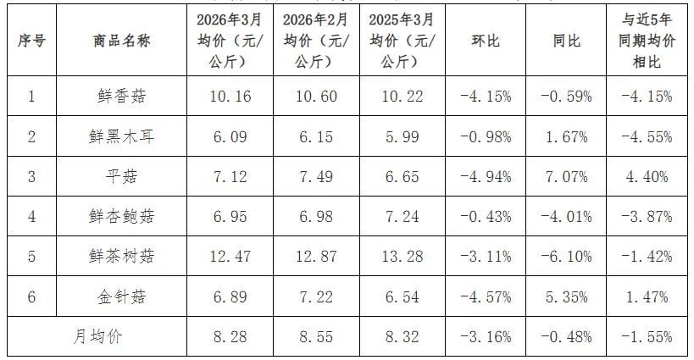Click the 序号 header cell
31,41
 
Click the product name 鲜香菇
122,96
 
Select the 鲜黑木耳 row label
122,136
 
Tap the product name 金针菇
122,297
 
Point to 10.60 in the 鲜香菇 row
316,96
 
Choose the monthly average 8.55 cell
316,337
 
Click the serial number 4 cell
31,217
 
